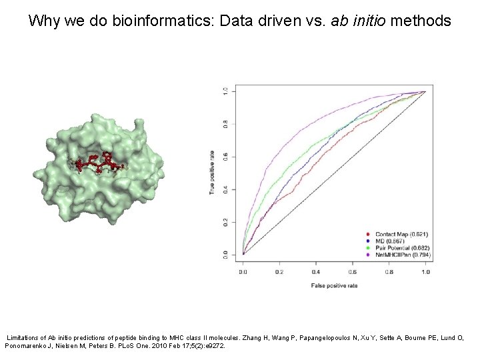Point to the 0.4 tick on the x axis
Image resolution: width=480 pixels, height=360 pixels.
click(315, 272)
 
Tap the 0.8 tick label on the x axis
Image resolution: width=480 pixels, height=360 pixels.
click(389, 272)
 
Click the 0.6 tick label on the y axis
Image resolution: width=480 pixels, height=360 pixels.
click(225, 157)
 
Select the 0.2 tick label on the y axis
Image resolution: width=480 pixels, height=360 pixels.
click(225, 222)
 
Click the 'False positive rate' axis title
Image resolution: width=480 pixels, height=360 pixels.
click(334, 285)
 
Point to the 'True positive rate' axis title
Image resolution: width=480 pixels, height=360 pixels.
click(211, 172)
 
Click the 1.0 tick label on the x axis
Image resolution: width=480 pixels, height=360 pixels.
click(425, 272)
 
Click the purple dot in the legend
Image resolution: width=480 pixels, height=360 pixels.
click(369, 254)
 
